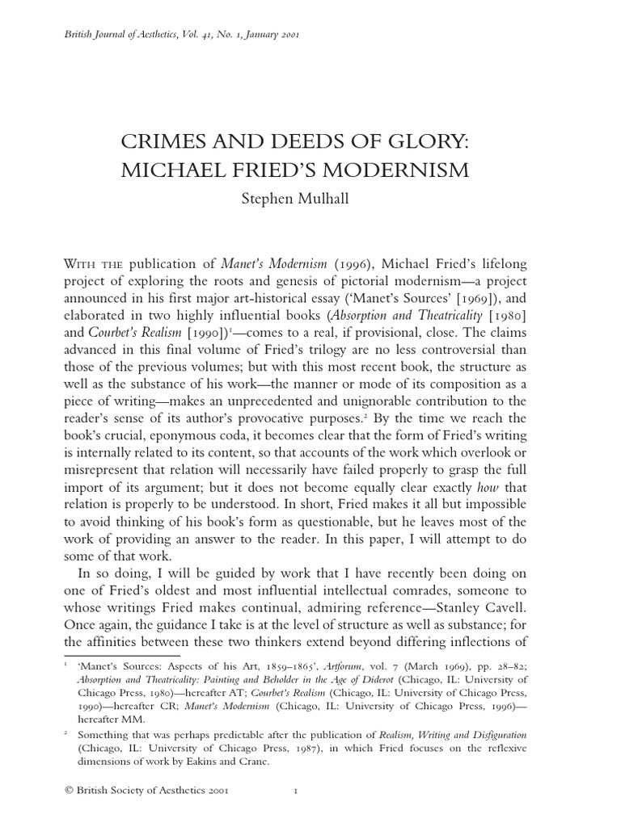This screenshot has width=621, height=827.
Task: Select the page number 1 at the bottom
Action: click(x=295, y=808)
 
